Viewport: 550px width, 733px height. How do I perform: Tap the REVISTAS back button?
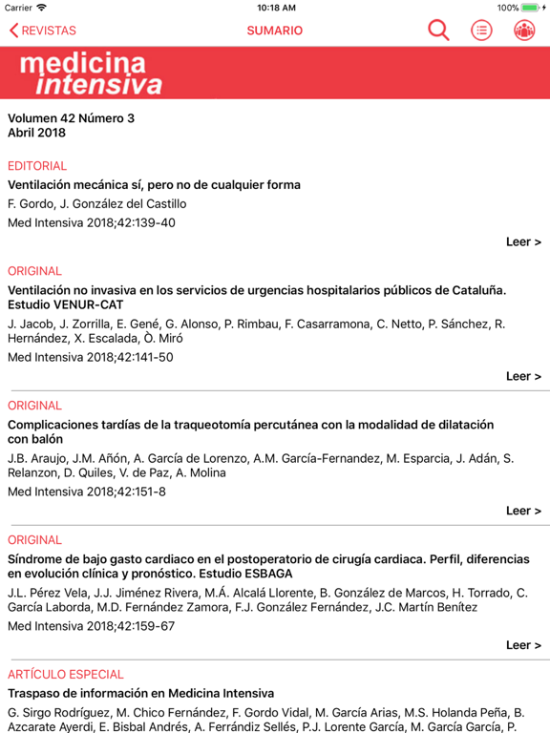(43, 31)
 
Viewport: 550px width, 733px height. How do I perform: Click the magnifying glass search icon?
(438, 31)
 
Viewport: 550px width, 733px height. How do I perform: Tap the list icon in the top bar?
(482, 31)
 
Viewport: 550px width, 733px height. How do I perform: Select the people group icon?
(524, 31)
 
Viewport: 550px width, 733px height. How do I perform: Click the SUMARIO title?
(275, 31)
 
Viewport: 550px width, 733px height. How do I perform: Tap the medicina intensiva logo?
(91, 74)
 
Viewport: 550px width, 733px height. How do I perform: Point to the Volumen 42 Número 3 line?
(72, 118)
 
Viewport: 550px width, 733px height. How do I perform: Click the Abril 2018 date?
(37, 134)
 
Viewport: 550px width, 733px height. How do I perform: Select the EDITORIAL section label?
(37, 166)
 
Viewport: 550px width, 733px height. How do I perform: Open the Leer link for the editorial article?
(523, 241)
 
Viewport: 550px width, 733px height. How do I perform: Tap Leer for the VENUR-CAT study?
(523, 376)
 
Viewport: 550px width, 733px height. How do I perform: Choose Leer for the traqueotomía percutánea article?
(523, 511)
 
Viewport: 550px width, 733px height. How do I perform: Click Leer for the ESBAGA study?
(523, 645)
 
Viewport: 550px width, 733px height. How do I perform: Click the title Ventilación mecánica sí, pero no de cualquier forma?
(154, 185)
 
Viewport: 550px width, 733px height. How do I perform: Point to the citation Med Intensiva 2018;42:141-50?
(91, 358)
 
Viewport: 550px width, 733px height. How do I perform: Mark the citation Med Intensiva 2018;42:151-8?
(87, 492)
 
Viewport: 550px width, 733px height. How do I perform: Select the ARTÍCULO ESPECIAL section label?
(66, 675)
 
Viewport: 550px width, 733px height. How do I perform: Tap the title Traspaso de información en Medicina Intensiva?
(140, 694)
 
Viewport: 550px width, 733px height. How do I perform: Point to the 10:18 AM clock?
(276, 8)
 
